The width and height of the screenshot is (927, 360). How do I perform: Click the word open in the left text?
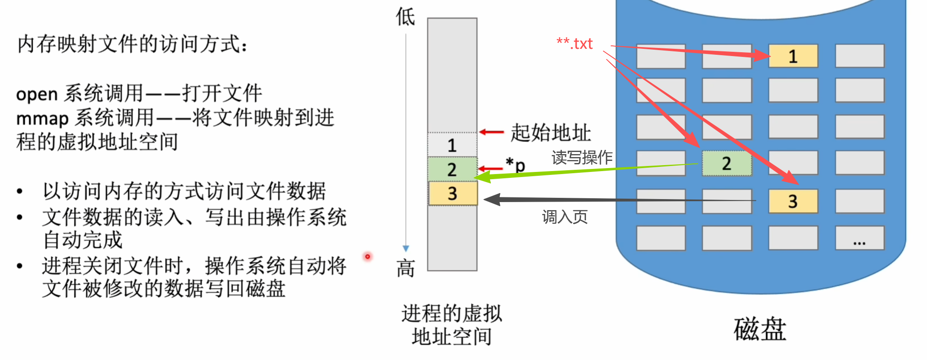point(37,94)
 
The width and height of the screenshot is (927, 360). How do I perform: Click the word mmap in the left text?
point(42,119)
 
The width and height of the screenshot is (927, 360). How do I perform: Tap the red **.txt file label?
point(575,44)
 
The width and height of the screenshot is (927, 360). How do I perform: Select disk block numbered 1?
point(793,56)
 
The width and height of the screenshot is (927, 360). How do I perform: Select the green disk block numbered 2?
point(727,163)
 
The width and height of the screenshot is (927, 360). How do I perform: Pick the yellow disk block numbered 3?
point(793,201)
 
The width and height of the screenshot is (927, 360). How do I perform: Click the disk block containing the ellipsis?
point(859,238)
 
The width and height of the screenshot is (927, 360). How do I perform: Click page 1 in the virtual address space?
point(452,145)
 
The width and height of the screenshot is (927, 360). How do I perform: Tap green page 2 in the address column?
point(452,169)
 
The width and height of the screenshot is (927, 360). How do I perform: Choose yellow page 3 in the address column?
point(452,194)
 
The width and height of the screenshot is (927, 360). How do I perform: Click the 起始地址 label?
point(550,132)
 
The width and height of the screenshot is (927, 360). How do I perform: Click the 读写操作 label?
point(582,157)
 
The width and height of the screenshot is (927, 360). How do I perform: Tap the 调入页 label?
point(565,217)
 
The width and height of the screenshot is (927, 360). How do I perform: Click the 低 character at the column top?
point(405,17)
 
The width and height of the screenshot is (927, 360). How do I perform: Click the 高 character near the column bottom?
point(405,268)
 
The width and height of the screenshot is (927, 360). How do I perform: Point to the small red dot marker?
point(368,256)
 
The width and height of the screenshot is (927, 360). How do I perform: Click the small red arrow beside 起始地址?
point(491,132)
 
